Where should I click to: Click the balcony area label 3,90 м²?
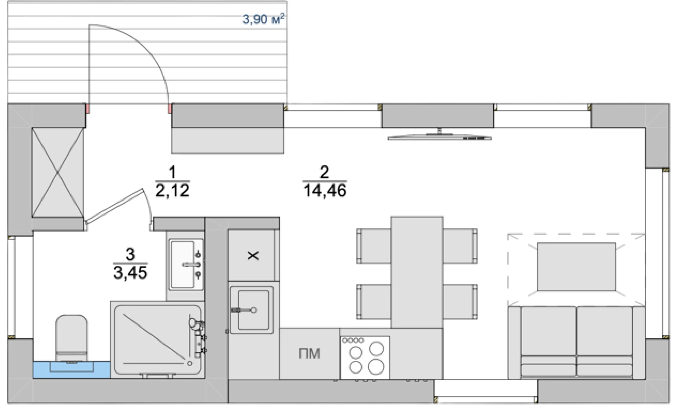pyautogui.click(x=263, y=19)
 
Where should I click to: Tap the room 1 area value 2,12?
pyautogui.click(x=172, y=190)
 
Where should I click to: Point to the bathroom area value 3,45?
pyautogui.click(x=130, y=273)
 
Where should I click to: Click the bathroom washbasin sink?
pyautogui.click(x=186, y=265)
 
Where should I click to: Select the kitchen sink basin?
pyautogui.click(x=252, y=310)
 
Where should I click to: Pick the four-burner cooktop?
pyautogui.click(x=365, y=357)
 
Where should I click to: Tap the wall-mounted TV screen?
pyautogui.click(x=439, y=137)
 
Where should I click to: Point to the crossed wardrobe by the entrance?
pyautogui.click(x=58, y=172)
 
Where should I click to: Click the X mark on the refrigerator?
pyautogui.click(x=253, y=256)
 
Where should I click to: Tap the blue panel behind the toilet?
pyautogui.click(x=72, y=370)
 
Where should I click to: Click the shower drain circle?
pyautogui.click(x=190, y=363)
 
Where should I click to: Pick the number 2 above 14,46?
pyautogui.click(x=324, y=172)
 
